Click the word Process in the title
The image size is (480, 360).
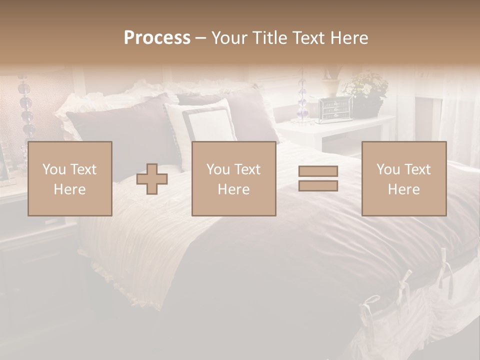coord(157,38)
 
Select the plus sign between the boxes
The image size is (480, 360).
coord(152,179)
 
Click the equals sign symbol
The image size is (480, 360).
coord(318,178)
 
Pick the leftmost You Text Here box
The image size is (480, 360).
coord(69,178)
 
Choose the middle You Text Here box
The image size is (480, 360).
coord(233,178)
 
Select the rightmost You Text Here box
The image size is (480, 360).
coord(403,178)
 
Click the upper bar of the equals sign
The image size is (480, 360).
coord(318,171)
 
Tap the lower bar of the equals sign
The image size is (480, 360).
coord(318,185)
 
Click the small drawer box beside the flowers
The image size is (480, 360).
coord(335,109)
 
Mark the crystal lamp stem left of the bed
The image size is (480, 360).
coord(25,107)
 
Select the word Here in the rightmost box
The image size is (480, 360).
coord(403,189)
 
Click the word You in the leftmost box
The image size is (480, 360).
coord(53,169)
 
